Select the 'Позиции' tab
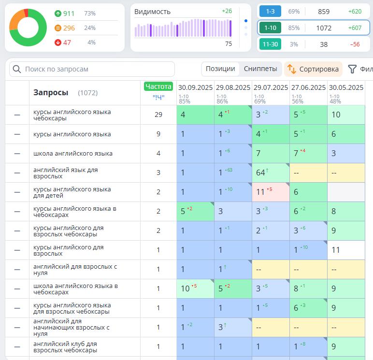220,69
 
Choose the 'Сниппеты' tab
260,69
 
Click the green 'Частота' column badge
158,86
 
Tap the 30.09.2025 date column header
195,87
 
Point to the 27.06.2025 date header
308,87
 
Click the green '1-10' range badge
270,28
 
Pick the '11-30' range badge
270,44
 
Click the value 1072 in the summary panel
324,28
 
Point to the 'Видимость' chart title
152,12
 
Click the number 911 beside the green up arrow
69,14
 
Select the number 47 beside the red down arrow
67,43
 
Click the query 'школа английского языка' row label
72,154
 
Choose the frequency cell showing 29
158,115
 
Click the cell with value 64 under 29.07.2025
261,173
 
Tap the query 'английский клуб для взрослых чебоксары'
65,347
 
